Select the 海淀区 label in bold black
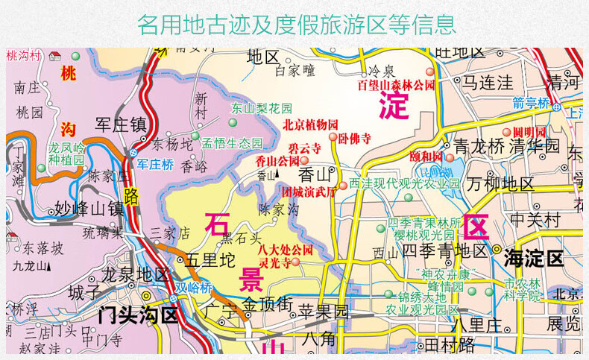click(533, 259)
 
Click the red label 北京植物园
click(310, 124)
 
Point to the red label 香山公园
click(277, 160)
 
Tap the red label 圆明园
click(529, 133)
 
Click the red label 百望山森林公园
click(395, 85)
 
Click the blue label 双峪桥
click(194, 288)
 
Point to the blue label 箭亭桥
click(552, 103)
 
